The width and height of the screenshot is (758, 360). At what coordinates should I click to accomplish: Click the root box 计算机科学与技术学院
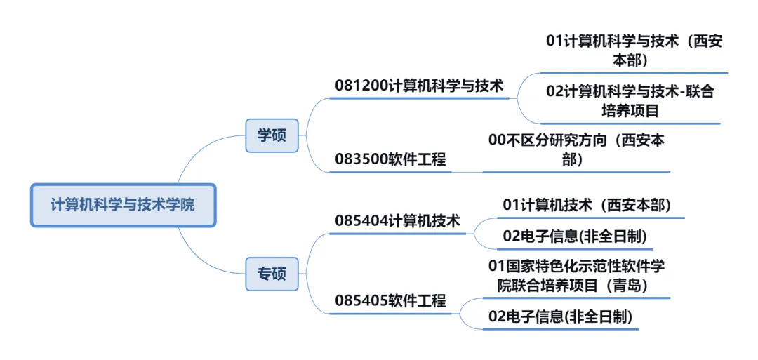[123, 205]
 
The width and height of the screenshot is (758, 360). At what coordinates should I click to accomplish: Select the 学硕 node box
[272, 135]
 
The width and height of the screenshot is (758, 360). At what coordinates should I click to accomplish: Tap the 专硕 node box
[272, 274]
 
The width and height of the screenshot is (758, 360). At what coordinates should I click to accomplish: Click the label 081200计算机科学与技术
[419, 86]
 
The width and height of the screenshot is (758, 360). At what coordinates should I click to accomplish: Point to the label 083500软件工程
[391, 159]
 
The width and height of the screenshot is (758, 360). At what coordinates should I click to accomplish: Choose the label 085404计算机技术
[398, 221]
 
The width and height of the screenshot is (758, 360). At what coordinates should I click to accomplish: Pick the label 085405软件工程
[391, 300]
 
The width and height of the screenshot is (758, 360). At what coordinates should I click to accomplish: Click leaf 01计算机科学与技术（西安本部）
[634, 51]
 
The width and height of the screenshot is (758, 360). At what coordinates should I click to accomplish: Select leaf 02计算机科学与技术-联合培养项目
[630, 101]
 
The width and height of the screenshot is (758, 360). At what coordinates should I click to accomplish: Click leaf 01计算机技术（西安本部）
[587, 205]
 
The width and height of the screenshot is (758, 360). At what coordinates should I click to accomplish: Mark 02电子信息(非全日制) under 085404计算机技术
[575, 236]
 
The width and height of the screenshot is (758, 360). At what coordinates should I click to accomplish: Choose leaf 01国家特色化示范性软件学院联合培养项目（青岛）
[577, 276]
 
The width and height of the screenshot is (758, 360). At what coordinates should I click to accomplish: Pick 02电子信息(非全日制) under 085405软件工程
[561, 316]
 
